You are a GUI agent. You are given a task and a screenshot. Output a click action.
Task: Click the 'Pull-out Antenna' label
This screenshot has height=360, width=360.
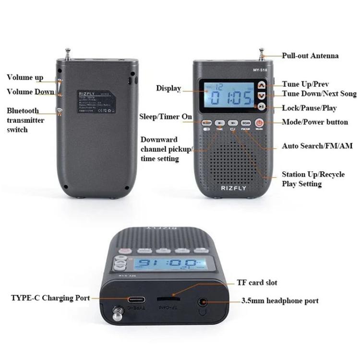310,56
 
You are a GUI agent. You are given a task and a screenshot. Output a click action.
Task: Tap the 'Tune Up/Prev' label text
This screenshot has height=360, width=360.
305,84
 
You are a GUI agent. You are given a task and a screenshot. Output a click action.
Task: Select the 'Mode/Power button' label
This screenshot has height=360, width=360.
315,122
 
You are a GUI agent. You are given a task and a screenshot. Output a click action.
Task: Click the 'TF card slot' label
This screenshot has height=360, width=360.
257,283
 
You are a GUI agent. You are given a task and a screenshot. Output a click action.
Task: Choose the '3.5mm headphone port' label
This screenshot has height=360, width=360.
280,301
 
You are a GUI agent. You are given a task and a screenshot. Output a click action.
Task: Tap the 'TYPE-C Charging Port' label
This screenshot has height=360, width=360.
50,298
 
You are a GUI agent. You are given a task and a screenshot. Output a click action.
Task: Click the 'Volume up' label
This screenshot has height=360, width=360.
25,77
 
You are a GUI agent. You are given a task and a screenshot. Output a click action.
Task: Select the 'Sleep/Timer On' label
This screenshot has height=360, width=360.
166,117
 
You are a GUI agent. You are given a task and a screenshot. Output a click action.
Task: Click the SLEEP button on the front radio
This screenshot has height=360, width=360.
206,123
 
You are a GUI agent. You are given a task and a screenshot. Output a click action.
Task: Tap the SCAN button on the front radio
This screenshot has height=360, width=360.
246,123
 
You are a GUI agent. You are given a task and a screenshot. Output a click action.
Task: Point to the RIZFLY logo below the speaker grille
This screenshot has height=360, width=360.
232,189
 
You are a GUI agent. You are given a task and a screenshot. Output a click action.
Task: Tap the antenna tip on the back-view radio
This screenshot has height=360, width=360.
67,49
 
